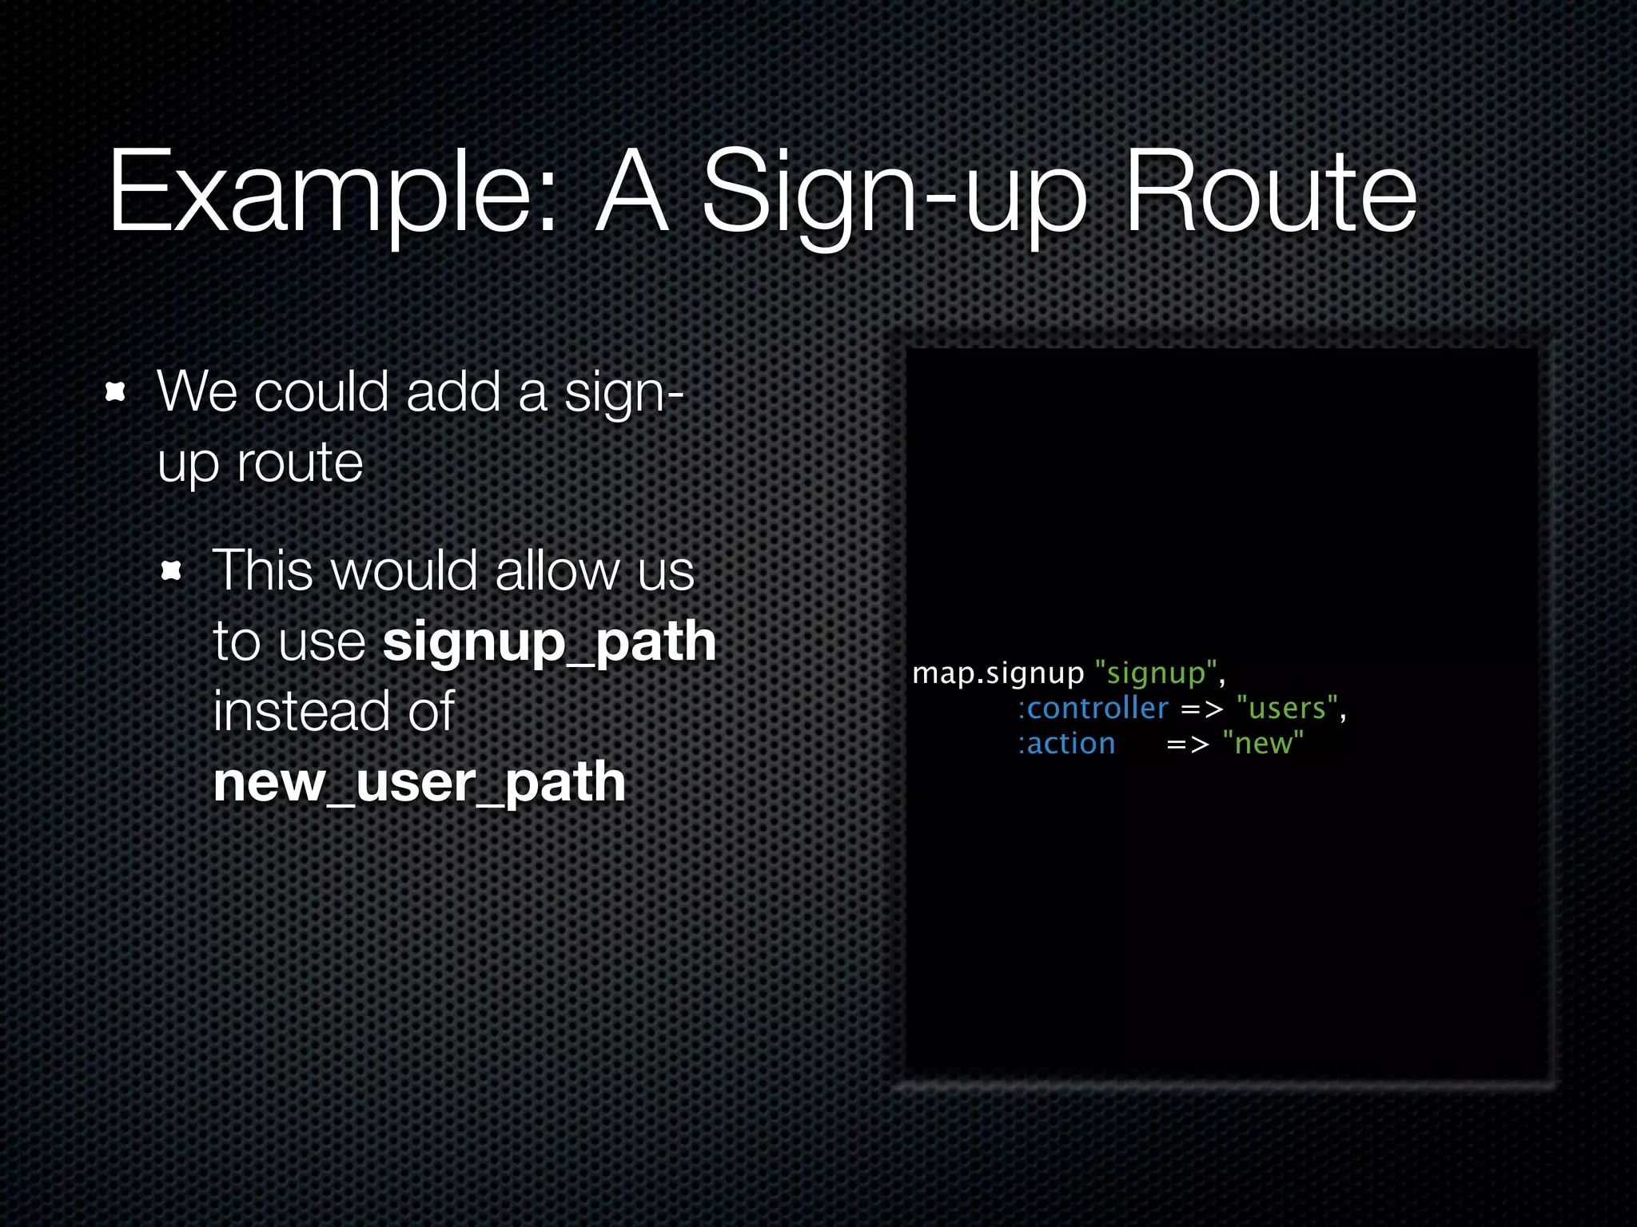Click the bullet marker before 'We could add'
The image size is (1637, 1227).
coord(116,391)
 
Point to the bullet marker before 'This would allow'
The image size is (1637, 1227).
coord(171,570)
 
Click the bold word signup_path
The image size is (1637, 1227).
coord(549,641)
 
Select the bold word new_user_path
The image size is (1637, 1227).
coord(419,782)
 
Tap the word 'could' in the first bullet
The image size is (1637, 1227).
coord(322,391)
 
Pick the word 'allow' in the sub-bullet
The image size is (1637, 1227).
coord(558,570)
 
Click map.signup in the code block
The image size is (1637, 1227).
coord(998,673)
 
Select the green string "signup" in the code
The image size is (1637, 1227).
coord(1155,673)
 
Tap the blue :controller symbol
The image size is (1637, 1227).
coord(1093,709)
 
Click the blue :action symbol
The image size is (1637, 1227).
coord(1066,744)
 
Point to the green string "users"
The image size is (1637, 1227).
coord(1287,709)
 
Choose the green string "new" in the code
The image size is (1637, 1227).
coord(1263,744)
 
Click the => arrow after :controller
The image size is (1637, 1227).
coord(1201,709)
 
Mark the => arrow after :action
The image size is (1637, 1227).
coord(1187,745)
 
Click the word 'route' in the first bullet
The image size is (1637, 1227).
coord(300,463)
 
